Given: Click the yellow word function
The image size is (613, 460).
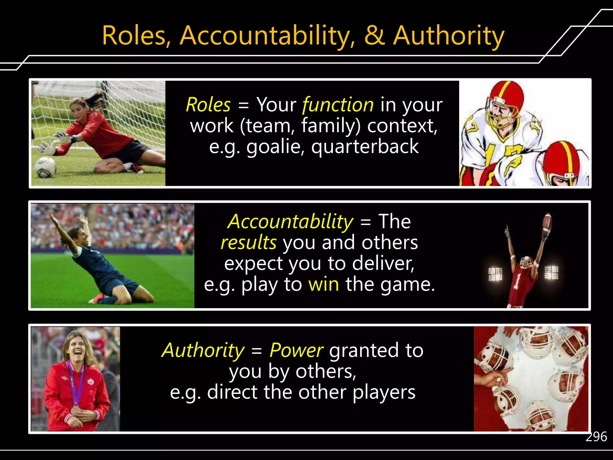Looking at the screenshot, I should tap(338, 105).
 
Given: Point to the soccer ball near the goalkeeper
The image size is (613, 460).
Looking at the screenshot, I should tap(45, 167).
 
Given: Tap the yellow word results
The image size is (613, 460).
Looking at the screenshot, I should tap(248, 242).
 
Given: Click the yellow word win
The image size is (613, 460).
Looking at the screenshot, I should tap(324, 284).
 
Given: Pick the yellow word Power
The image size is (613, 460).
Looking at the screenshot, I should tap(296, 350).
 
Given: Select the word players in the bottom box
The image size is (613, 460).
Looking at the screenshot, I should tap(384, 392).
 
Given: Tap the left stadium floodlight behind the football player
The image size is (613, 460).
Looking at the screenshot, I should tap(495, 274).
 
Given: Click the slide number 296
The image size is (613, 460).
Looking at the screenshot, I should tap(596, 437).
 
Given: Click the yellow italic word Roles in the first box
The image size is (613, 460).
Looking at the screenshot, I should tap(208, 105).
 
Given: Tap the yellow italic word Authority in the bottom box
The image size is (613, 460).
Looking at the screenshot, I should tap(203, 350).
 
